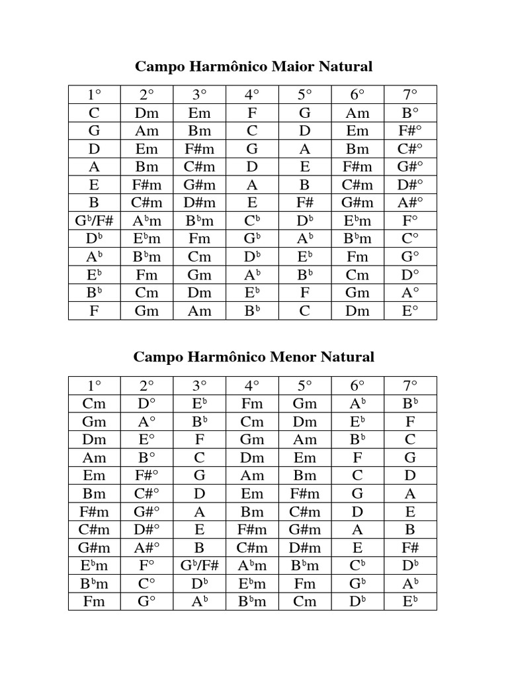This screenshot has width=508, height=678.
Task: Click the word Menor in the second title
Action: click(x=293, y=357)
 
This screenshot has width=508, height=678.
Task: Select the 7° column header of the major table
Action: click(x=410, y=94)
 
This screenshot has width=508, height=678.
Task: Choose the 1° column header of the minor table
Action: click(x=95, y=385)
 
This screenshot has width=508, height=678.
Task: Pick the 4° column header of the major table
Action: click(x=252, y=94)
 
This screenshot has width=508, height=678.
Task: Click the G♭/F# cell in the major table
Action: click(x=95, y=220)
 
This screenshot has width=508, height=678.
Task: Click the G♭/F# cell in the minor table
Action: click(x=200, y=565)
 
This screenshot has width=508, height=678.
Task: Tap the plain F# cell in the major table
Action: click(x=305, y=202)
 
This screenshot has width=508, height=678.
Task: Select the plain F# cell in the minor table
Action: click(x=410, y=548)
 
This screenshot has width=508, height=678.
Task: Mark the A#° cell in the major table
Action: click(x=410, y=202)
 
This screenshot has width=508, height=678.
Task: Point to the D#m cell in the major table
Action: click(x=200, y=202)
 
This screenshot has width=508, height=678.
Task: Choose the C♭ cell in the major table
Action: click(x=252, y=220)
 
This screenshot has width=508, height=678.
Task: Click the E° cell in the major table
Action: click(x=410, y=311)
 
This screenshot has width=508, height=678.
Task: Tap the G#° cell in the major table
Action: click(x=410, y=166)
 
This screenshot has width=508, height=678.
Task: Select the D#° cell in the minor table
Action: click(x=147, y=529)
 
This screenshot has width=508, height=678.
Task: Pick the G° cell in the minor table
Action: click(x=147, y=601)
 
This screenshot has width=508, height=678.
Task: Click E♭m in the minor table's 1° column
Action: click(x=95, y=565)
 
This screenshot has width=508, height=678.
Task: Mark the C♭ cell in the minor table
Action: click(x=358, y=565)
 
